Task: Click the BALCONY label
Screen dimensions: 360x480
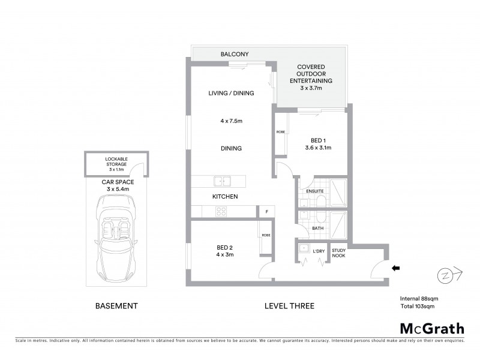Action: tap(235, 54)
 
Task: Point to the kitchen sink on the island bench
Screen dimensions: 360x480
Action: tap(222, 181)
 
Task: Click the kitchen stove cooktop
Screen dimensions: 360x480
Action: tap(221, 211)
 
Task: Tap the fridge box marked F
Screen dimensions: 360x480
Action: tap(266, 211)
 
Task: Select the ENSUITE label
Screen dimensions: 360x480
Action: tap(315, 191)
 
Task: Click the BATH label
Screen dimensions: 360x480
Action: tap(317, 229)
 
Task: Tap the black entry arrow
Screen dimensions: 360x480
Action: tap(395, 269)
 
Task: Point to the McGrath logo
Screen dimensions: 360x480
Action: tap(432, 328)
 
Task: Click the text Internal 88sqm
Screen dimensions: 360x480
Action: tap(418, 298)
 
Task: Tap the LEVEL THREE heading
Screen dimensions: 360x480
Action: tap(289, 306)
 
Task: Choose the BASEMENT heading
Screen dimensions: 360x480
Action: tap(116, 306)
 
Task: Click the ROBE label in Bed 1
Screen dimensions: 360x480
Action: tap(280, 132)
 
